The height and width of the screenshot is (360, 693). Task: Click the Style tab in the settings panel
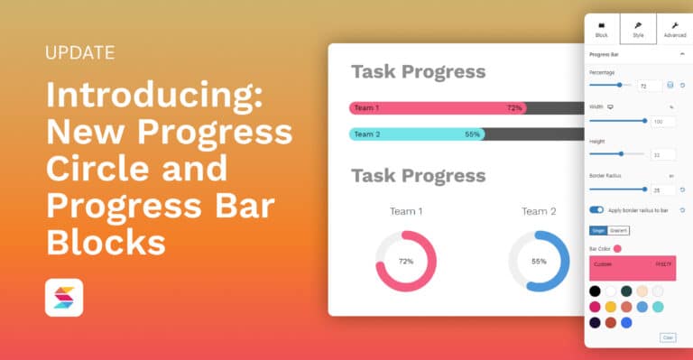pos(638,29)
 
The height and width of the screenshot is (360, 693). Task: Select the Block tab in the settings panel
pos(602,29)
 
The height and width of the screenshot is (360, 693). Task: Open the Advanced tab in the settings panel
pos(675,29)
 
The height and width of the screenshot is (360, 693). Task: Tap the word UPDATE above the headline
pos(79,52)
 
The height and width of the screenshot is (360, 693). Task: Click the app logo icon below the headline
pos(63,298)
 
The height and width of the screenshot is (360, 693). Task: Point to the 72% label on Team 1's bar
pos(514,108)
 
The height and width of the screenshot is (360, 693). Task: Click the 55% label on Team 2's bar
pos(472,134)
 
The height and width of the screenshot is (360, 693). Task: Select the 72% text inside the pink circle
pos(406,261)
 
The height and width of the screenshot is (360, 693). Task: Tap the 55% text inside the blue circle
pos(539,261)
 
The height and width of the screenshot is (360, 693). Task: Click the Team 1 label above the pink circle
pos(406,211)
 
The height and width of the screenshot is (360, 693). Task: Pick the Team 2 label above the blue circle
pos(539,211)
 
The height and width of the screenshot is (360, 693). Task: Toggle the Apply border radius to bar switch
pos(596,209)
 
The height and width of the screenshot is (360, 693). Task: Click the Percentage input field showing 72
pos(649,86)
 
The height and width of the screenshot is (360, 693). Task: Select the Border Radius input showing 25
pos(663,189)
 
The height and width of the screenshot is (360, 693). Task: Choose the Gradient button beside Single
pos(619,230)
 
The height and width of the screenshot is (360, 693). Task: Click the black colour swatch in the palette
pos(595,291)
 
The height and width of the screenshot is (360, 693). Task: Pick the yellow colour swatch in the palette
pos(611,307)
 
